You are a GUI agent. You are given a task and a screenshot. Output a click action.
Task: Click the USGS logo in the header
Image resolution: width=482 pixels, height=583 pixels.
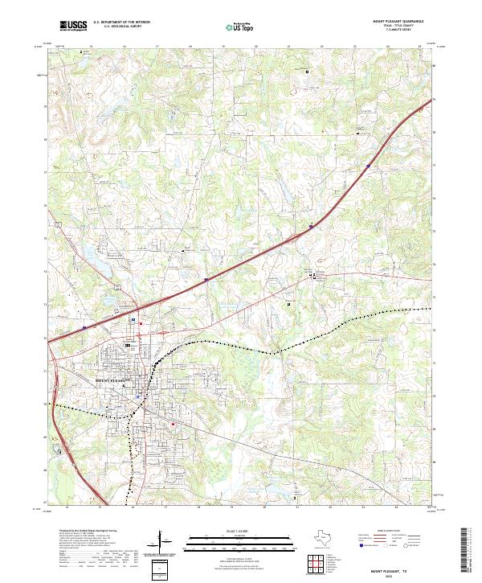(71, 27)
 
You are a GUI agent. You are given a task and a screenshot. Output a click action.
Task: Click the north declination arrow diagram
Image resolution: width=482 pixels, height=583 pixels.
(165, 544)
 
